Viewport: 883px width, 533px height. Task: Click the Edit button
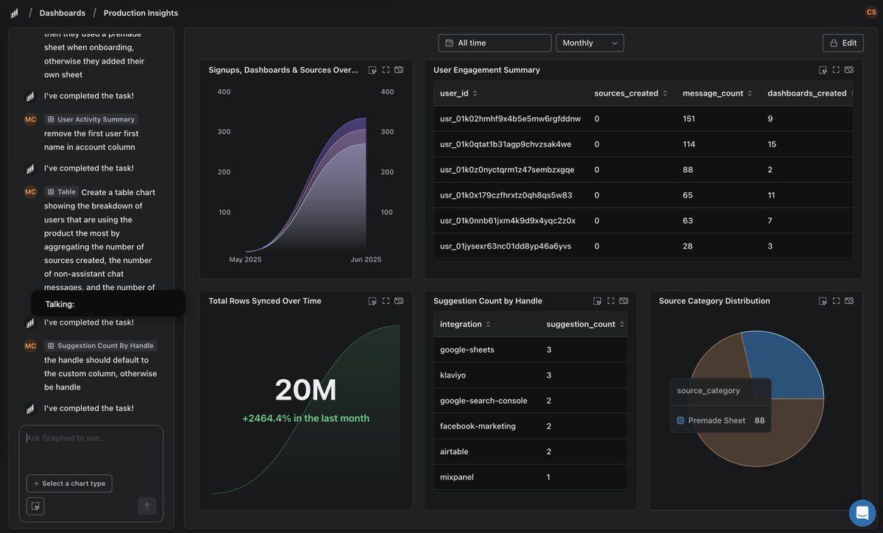tap(843, 43)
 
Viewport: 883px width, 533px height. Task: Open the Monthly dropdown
tap(589, 43)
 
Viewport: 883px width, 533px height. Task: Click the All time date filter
tap(494, 43)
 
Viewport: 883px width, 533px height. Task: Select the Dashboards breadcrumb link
tap(63, 13)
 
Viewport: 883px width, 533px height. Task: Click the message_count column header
tap(712, 93)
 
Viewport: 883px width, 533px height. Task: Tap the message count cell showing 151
tap(689, 119)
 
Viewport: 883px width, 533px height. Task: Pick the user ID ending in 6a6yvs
tap(506, 246)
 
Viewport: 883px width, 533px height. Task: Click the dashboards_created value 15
tap(772, 144)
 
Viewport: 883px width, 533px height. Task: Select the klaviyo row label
tap(453, 375)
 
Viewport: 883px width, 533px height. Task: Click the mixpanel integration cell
tap(457, 477)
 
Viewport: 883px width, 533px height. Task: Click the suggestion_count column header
tap(581, 324)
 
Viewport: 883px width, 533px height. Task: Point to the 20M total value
tap(305, 390)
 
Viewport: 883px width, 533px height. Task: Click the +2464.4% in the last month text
tap(305, 418)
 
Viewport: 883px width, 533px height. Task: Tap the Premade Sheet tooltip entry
tap(716, 420)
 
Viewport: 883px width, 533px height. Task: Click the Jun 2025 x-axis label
tap(366, 259)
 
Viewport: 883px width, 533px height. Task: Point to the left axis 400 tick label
tap(224, 92)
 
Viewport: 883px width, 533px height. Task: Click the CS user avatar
tap(871, 12)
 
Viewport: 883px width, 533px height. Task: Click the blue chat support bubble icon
tap(862, 512)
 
